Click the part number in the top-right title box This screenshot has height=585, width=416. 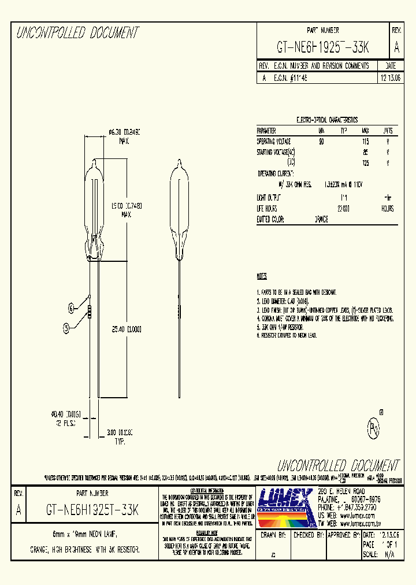click(323, 47)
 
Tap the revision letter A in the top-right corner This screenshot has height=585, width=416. click(396, 47)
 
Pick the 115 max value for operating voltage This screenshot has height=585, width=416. click(365, 141)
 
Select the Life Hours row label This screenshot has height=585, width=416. click(267, 208)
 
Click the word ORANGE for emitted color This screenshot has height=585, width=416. click(322, 219)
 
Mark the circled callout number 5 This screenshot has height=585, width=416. click(66, 328)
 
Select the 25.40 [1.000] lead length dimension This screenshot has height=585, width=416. click(127, 328)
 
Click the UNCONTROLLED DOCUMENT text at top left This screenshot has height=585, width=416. click(77, 34)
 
